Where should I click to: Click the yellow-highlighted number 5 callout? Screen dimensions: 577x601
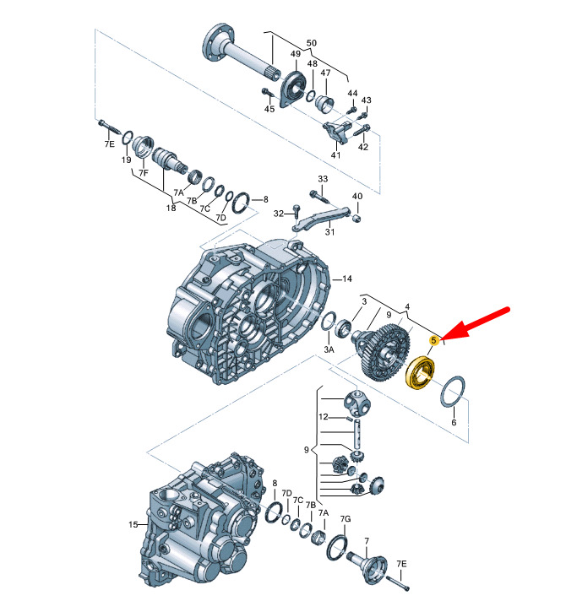click(x=434, y=340)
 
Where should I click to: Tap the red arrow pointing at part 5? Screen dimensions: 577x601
click(x=476, y=323)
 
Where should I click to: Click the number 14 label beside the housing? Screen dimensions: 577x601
click(x=347, y=279)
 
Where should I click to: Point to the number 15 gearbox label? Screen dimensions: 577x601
click(x=133, y=524)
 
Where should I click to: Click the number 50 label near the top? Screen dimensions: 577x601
click(x=312, y=43)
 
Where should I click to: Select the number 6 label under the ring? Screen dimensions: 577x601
click(x=454, y=422)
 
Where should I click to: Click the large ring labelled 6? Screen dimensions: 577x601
click(x=453, y=393)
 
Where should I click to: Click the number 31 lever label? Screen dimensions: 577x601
click(x=329, y=232)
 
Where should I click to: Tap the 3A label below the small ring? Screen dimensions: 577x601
click(x=329, y=349)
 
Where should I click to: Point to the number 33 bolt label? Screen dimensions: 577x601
click(x=323, y=179)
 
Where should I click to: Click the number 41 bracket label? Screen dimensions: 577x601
click(x=335, y=154)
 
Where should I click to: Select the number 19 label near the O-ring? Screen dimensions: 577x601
click(x=126, y=160)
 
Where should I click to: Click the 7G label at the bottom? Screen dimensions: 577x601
click(x=346, y=519)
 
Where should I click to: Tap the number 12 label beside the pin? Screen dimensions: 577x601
click(x=324, y=417)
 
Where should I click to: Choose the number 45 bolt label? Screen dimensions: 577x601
click(x=269, y=109)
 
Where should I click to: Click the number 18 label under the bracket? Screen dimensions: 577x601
click(x=171, y=208)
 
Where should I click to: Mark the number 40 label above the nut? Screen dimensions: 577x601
click(x=357, y=196)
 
